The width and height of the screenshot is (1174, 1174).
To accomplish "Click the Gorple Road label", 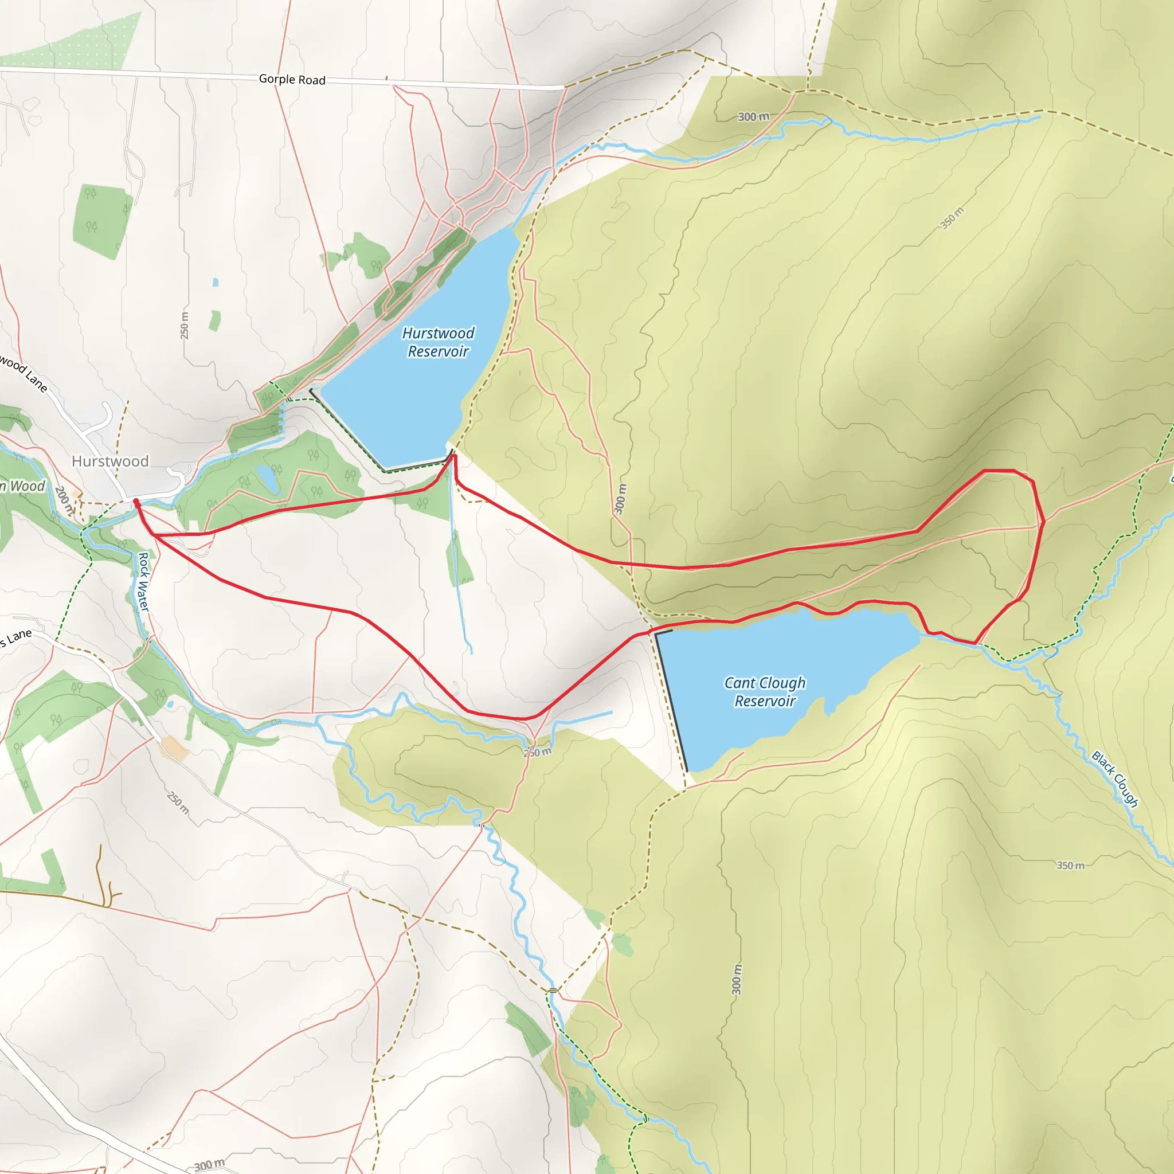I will (x=292, y=80).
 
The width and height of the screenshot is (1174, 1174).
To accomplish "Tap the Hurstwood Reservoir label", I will (x=438, y=342).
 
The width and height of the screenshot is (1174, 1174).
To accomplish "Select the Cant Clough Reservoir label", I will (x=765, y=691).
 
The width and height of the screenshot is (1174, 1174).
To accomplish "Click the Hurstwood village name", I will (x=110, y=461).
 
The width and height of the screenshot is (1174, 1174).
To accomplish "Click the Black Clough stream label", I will (x=1115, y=779).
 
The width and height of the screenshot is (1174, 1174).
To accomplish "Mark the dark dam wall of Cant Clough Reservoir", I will (x=671, y=702).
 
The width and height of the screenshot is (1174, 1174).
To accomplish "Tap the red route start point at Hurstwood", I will (x=136, y=502).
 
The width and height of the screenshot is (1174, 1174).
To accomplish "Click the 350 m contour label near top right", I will (x=952, y=219).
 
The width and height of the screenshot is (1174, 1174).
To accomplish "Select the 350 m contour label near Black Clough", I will (x=1070, y=865).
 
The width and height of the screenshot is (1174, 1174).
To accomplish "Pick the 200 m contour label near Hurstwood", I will (x=63, y=499).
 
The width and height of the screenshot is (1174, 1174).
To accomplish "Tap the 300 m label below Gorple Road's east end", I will (x=753, y=117).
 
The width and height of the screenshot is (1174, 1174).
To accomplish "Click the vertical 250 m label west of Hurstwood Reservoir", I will (x=184, y=325).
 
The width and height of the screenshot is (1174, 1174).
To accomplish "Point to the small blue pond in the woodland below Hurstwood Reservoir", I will (x=265, y=478).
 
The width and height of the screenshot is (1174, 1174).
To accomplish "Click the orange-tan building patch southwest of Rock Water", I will (x=174, y=748).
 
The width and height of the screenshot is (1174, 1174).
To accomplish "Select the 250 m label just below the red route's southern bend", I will (x=538, y=752).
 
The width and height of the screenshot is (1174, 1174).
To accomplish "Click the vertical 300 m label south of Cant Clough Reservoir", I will (x=737, y=979).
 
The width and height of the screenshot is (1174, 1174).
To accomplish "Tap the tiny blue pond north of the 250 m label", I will (x=215, y=283).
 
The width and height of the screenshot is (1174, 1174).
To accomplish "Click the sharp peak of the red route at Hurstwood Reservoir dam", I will (x=453, y=456).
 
